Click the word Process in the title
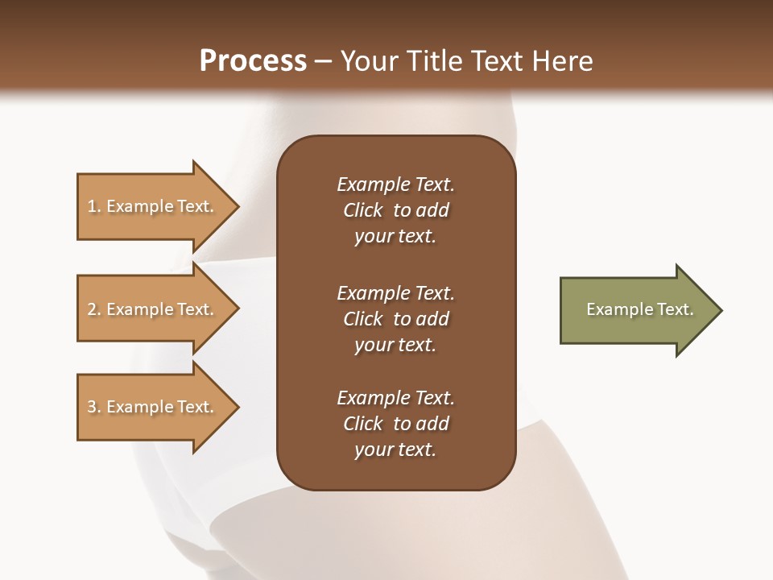[253, 61]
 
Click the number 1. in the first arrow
[94, 206]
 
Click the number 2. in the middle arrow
[94, 309]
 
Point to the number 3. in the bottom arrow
[94, 407]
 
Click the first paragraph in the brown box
[395, 210]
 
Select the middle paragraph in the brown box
[395, 319]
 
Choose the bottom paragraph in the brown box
[395, 424]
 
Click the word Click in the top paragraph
[362, 210]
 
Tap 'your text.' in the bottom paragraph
[395, 449]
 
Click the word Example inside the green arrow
[612, 309]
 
